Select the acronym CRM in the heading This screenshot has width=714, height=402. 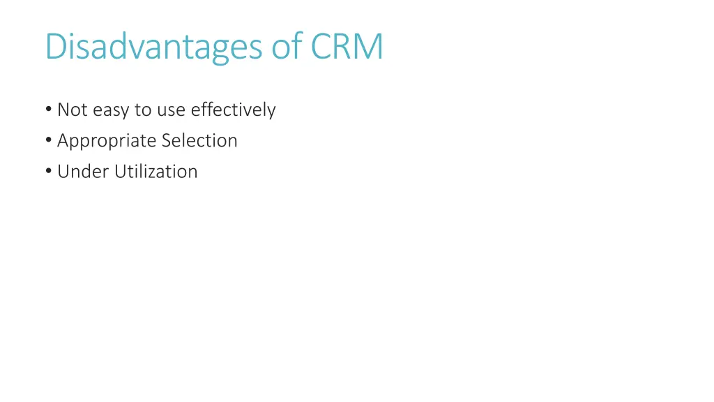(x=347, y=47)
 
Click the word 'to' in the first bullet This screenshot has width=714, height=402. (x=143, y=110)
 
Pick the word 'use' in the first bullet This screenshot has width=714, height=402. (x=171, y=110)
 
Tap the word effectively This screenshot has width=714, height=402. (x=234, y=110)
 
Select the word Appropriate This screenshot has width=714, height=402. (x=107, y=141)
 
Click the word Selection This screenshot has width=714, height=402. (x=199, y=141)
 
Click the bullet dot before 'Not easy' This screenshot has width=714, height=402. (x=47, y=110)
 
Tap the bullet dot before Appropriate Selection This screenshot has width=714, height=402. (x=47, y=141)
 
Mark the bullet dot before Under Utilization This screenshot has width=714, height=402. (x=47, y=172)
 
